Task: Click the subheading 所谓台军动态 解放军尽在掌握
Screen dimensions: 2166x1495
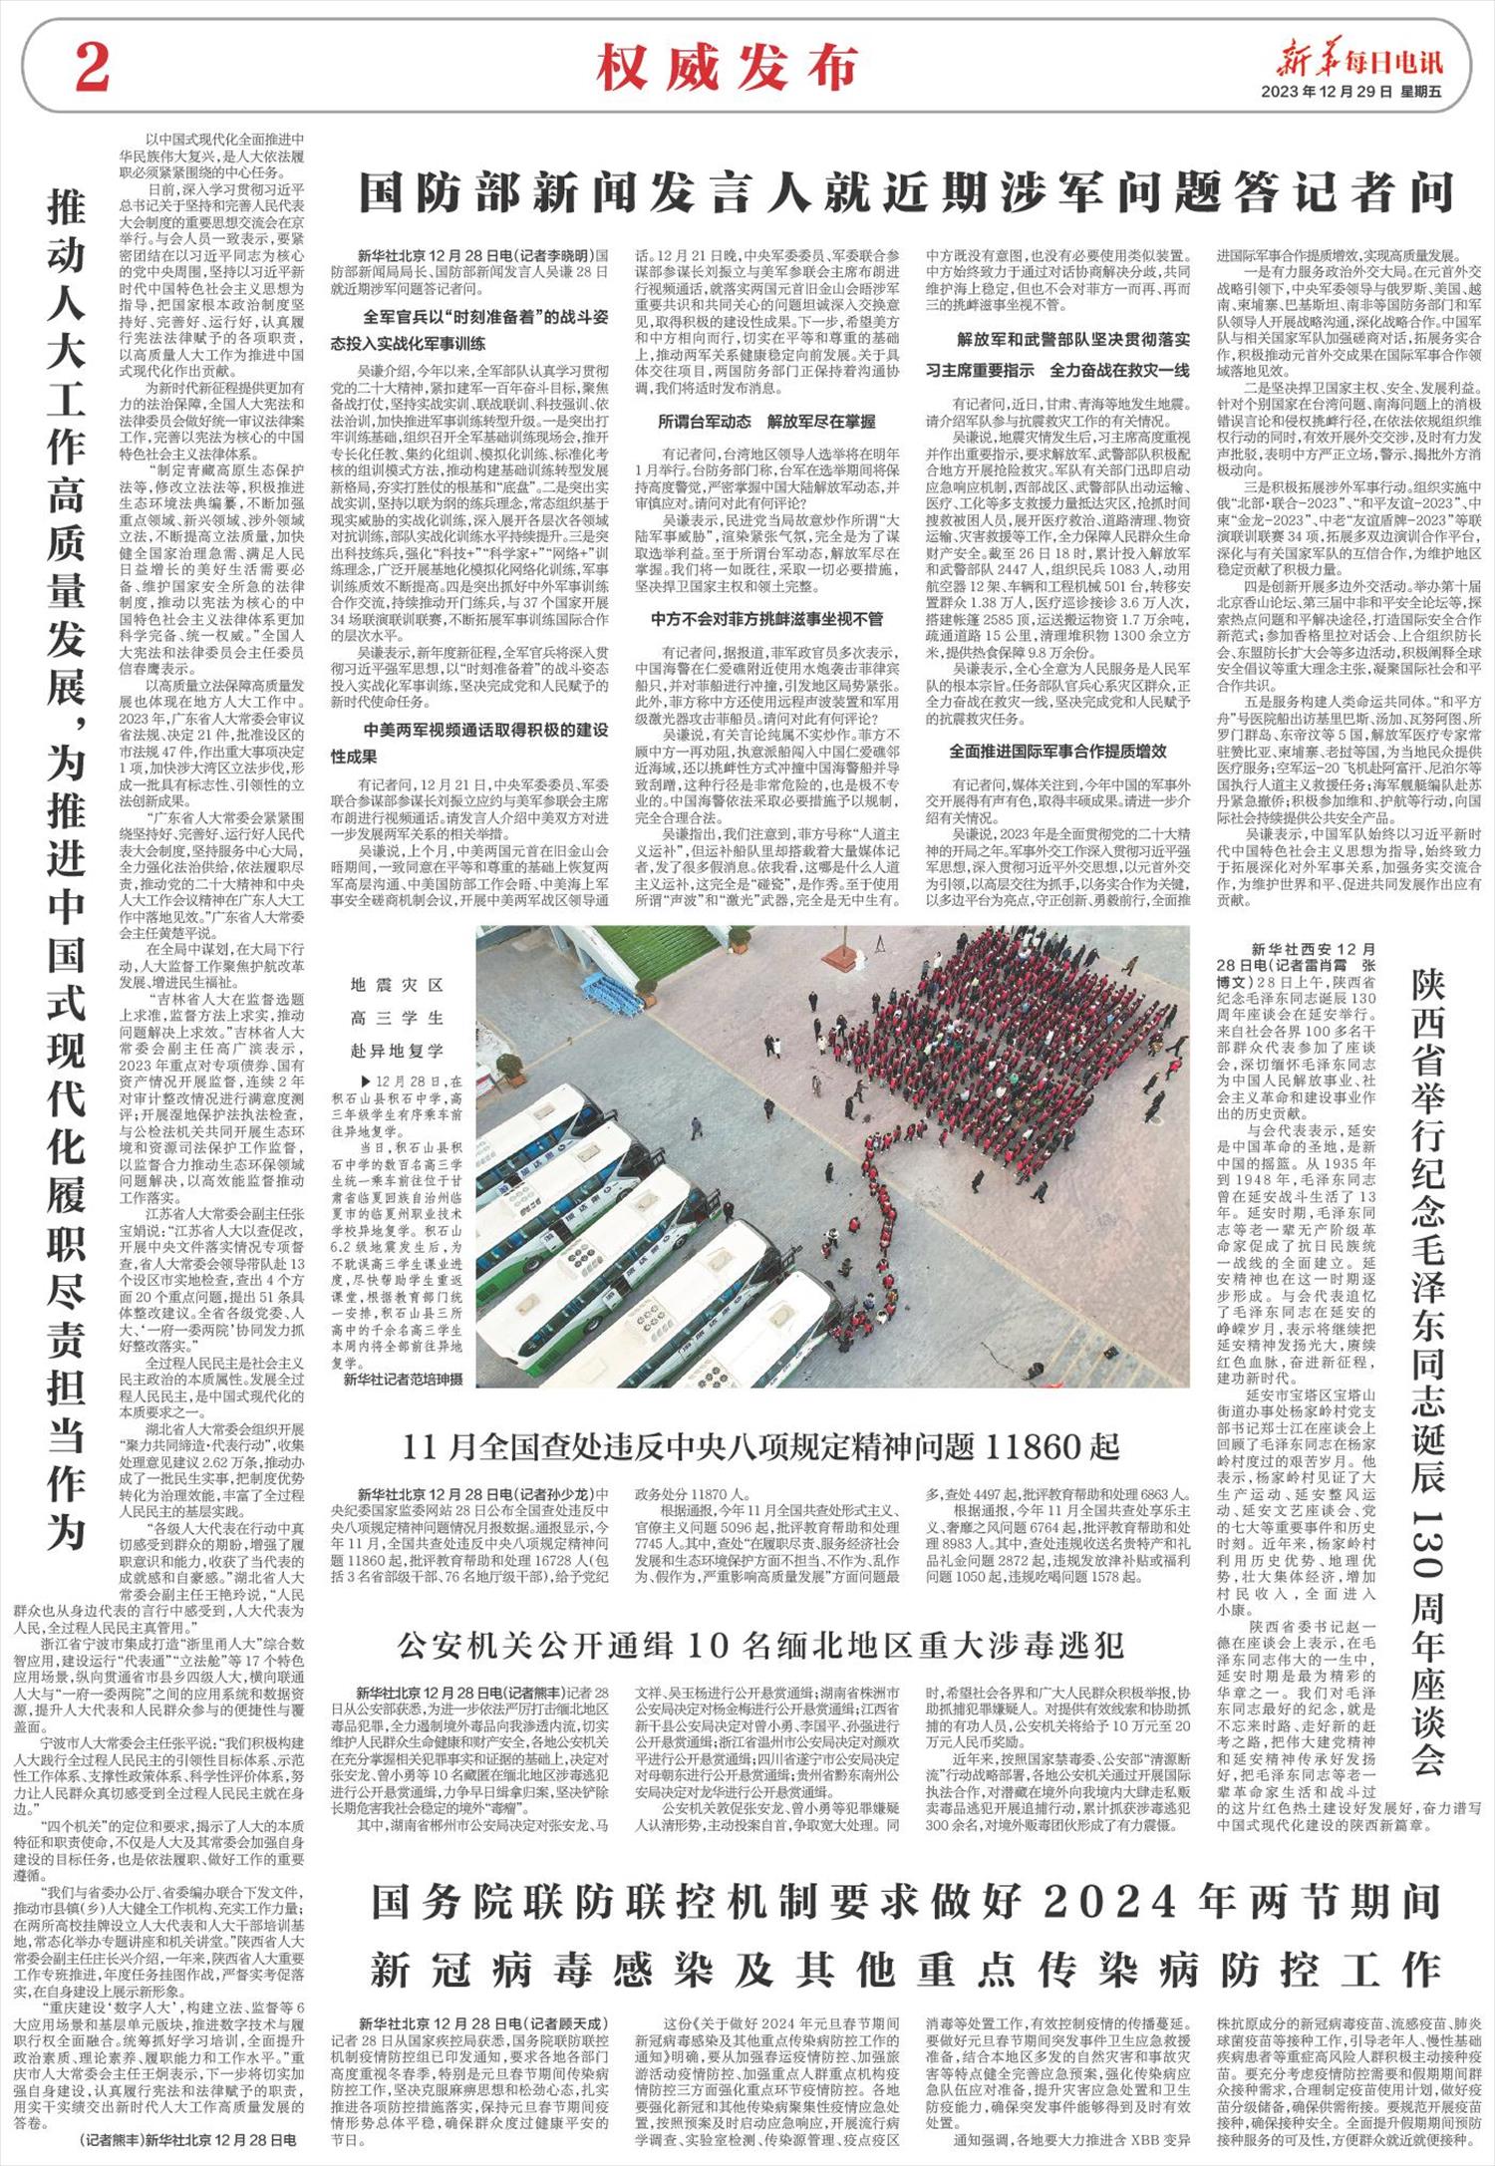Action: point(766,421)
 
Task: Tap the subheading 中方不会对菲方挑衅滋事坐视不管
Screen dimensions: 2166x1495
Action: point(766,618)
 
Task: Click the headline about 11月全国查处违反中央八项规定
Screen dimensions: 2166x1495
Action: point(761,1444)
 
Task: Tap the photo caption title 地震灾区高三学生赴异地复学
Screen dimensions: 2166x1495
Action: point(397,1018)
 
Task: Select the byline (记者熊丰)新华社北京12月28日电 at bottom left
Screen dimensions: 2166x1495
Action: point(185,2139)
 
